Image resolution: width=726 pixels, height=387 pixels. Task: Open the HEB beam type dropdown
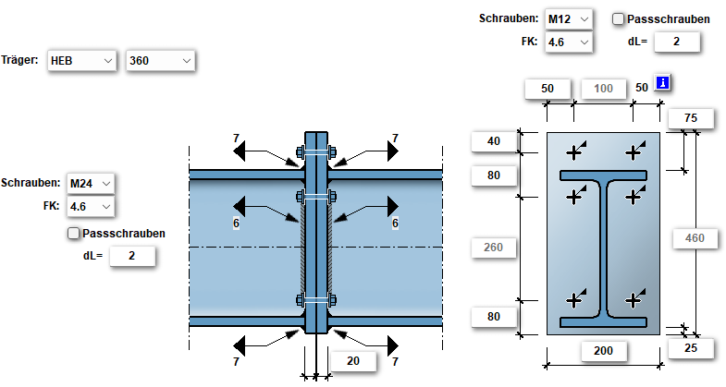(x=81, y=61)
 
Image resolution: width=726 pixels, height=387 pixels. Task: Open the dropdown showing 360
(x=160, y=61)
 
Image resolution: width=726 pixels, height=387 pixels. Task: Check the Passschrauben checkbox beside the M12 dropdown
(x=619, y=18)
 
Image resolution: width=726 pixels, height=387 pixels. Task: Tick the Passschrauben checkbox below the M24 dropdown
(x=74, y=234)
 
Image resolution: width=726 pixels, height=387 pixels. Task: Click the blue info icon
(x=662, y=85)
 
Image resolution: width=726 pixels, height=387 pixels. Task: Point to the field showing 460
(x=695, y=239)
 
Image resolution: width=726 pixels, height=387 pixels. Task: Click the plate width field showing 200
(x=604, y=351)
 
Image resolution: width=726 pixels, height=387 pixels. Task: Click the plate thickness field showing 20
(x=351, y=361)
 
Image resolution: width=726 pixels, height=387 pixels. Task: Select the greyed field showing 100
(x=603, y=88)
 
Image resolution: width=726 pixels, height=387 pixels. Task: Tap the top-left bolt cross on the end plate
(x=576, y=151)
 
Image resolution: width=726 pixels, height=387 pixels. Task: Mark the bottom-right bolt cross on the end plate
(x=634, y=299)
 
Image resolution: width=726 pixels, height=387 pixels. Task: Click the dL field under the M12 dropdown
(x=676, y=42)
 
